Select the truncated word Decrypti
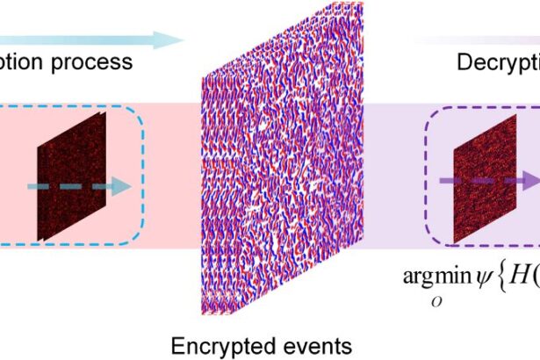coord(496,62)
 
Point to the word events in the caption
coord(299,342)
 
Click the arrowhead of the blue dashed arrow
coord(122,187)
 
